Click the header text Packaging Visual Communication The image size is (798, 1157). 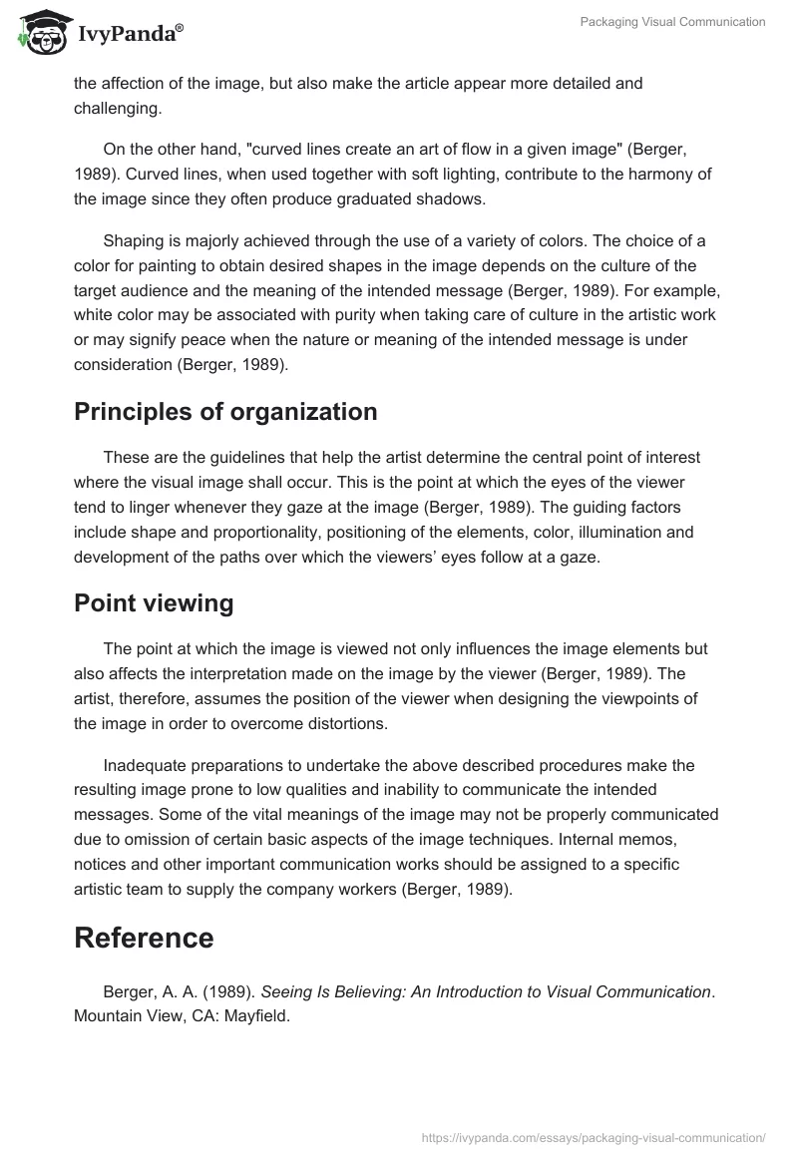point(672,22)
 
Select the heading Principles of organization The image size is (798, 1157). point(225,411)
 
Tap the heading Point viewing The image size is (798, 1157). point(154,602)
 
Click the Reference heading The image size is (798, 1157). point(144,938)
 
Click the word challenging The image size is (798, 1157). point(116,108)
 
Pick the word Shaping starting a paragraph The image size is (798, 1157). point(134,241)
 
